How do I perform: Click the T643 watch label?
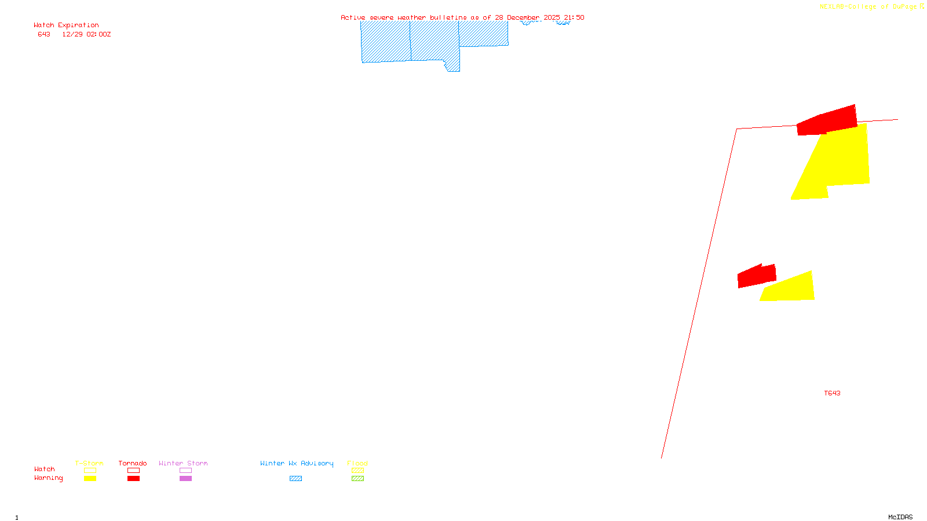(832, 393)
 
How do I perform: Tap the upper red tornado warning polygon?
(829, 120)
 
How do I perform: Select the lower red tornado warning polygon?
(756, 276)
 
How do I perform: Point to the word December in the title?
(523, 17)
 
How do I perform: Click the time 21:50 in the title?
(574, 17)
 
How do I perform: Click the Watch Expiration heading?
(66, 25)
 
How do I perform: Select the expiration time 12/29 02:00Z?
(86, 34)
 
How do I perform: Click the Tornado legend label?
(133, 463)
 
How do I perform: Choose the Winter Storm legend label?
(183, 463)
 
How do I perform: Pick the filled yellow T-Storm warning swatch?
(90, 478)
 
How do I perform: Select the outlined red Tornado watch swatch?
(133, 471)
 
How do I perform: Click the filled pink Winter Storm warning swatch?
(185, 478)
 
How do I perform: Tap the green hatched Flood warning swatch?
(357, 478)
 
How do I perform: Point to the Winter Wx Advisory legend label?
(297, 463)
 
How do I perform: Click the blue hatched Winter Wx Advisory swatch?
(295, 478)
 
